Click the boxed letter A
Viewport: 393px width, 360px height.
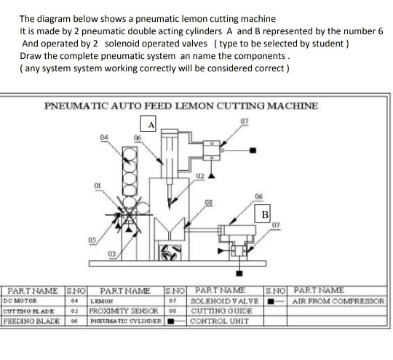point(151,124)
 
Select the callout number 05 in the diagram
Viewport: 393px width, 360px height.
point(91,241)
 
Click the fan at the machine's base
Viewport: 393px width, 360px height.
point(165,254)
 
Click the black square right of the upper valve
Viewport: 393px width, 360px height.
point(253,151)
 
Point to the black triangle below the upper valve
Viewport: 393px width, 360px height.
point(212,175)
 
